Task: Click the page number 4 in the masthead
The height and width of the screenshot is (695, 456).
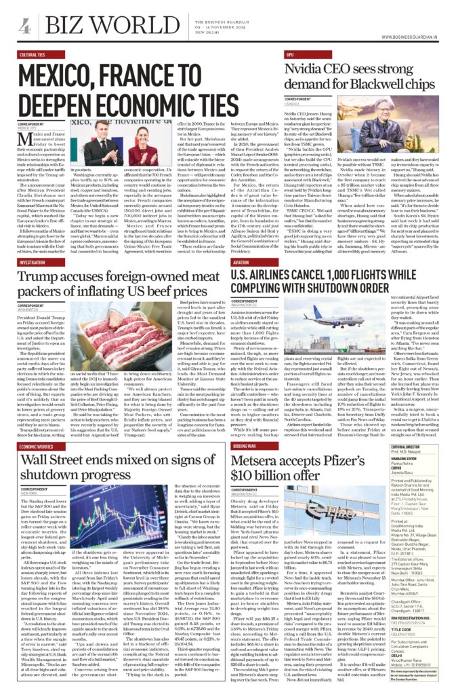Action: (x=25, y=26)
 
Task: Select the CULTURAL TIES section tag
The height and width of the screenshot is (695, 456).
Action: (x=33, y=54)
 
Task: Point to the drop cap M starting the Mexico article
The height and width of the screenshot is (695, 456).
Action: (x=26, y=140)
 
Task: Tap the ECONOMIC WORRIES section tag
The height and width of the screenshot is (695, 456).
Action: (x=37, y=447)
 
